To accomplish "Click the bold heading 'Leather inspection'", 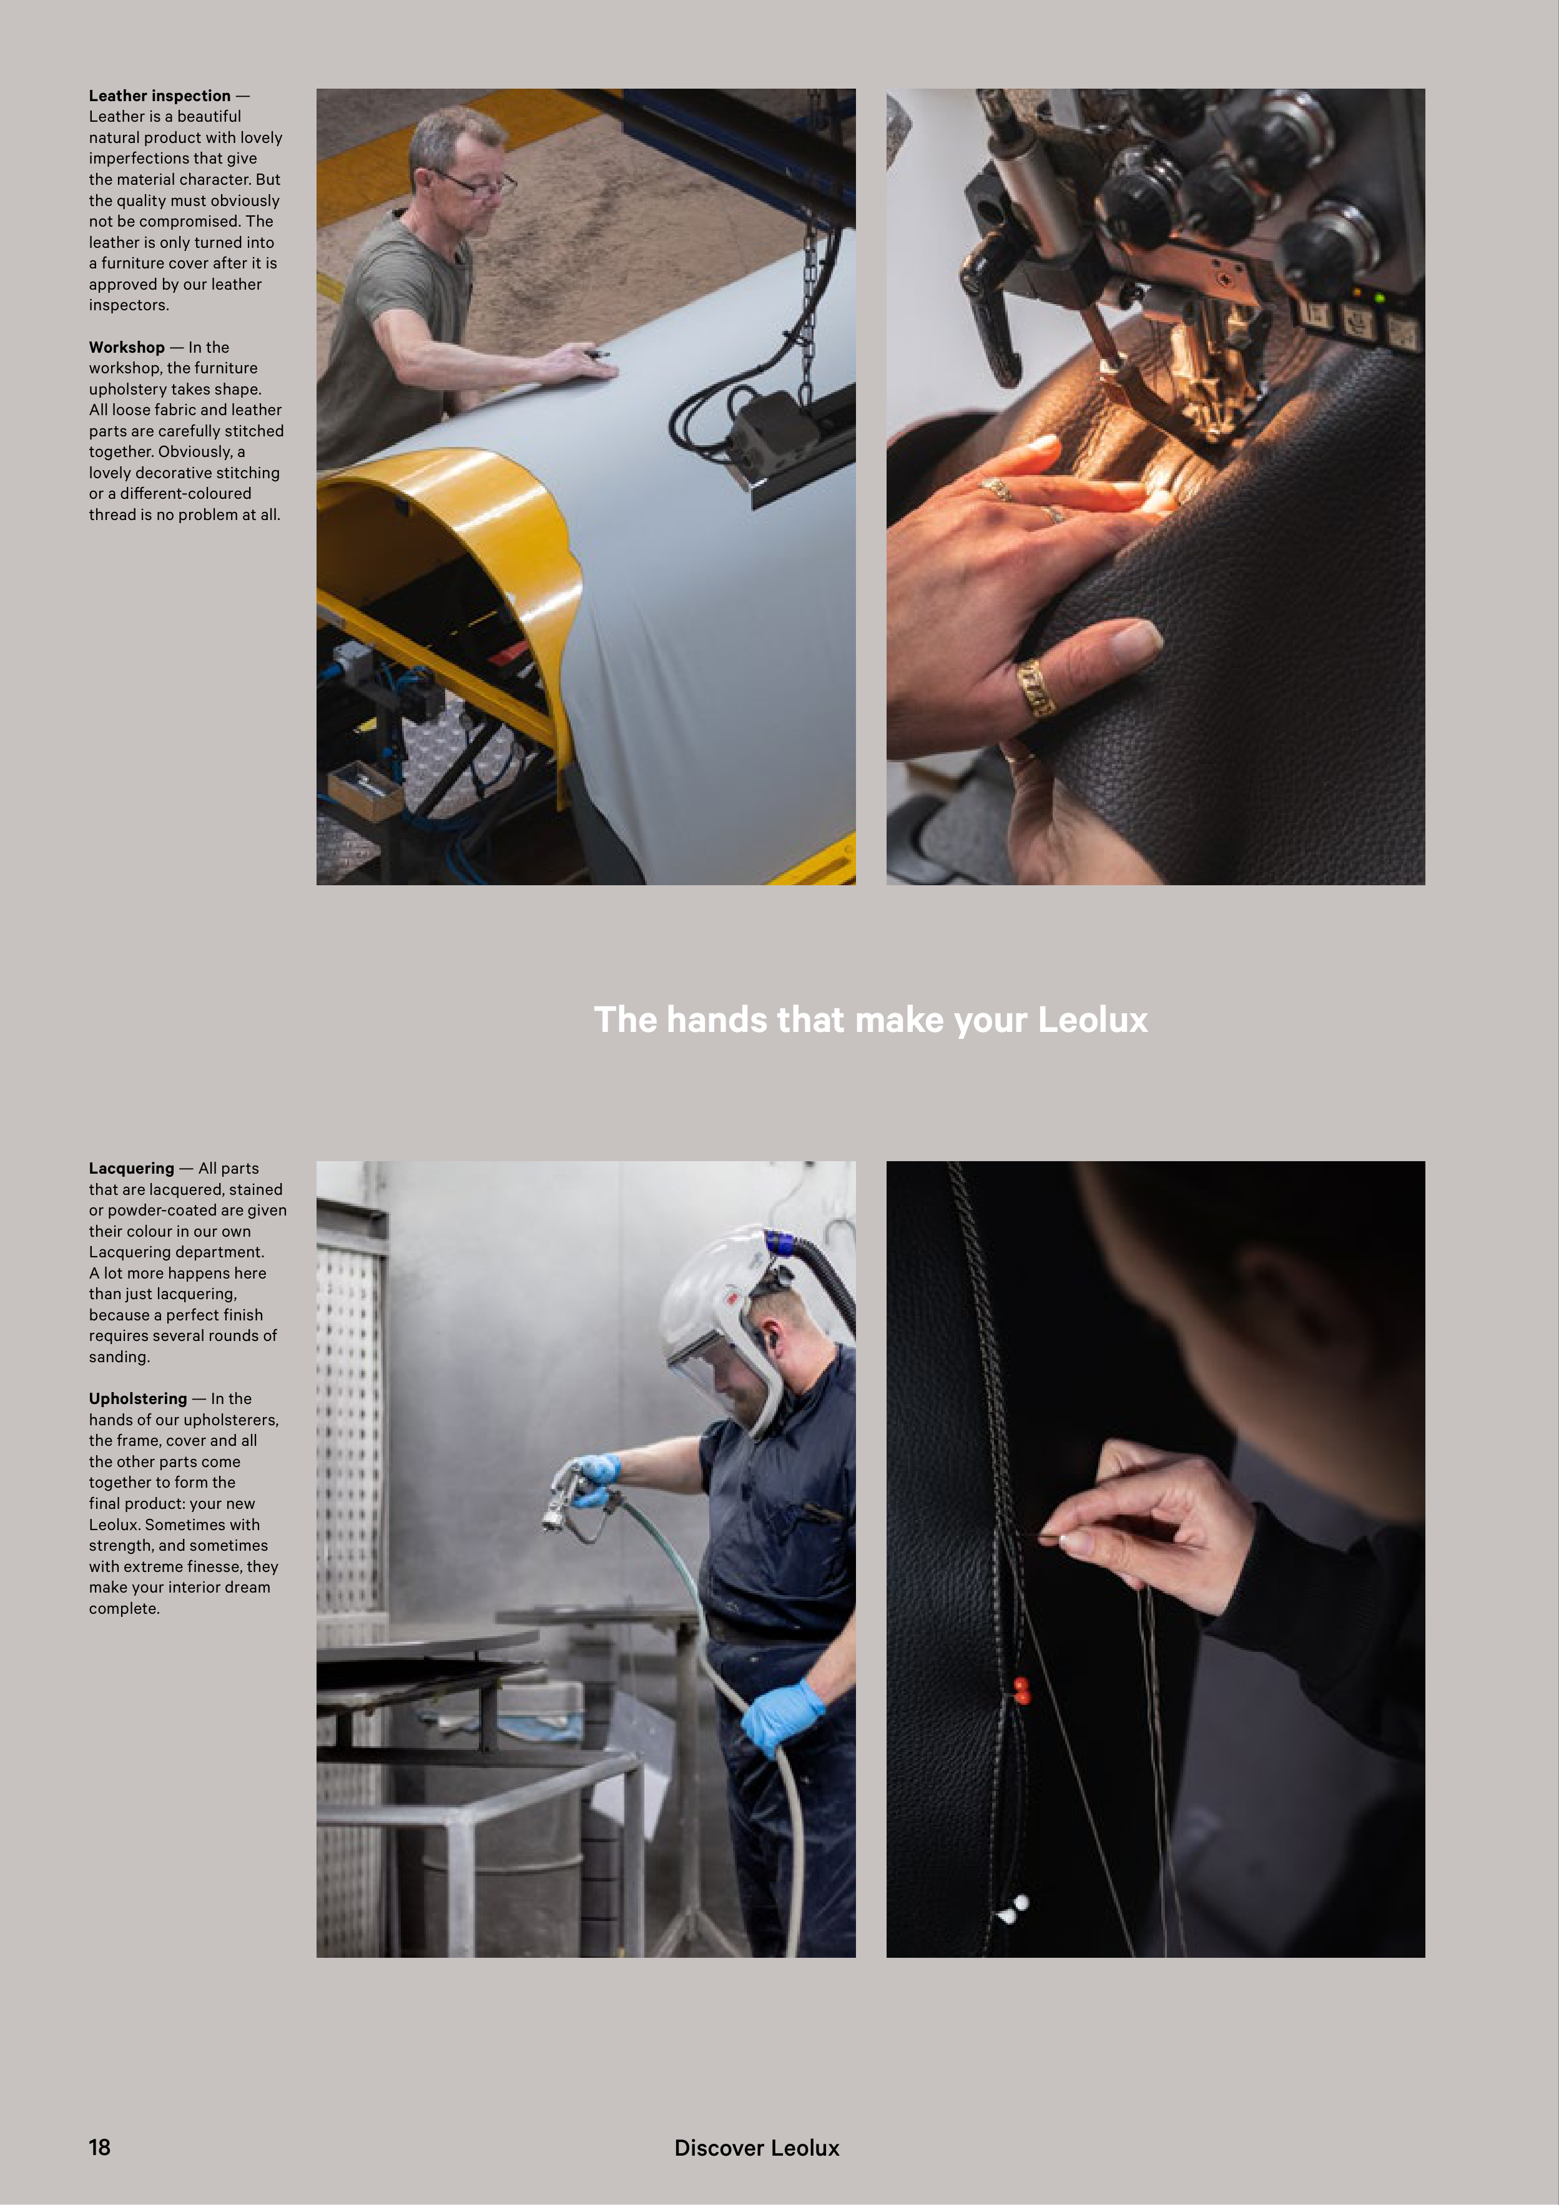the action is (159, 96).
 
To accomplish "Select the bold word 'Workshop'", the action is (127, 348).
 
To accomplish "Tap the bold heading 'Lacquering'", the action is (132, 1169).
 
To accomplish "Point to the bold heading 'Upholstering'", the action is (139, 1399).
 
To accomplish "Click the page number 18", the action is (100, 2148).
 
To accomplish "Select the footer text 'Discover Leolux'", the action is (757, 2148).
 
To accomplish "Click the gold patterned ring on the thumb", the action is (1036, 687).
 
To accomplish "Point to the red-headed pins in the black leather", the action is (1021, 1690).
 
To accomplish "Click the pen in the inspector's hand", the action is (598, 355).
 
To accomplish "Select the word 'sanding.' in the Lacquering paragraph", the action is (120, 1357).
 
